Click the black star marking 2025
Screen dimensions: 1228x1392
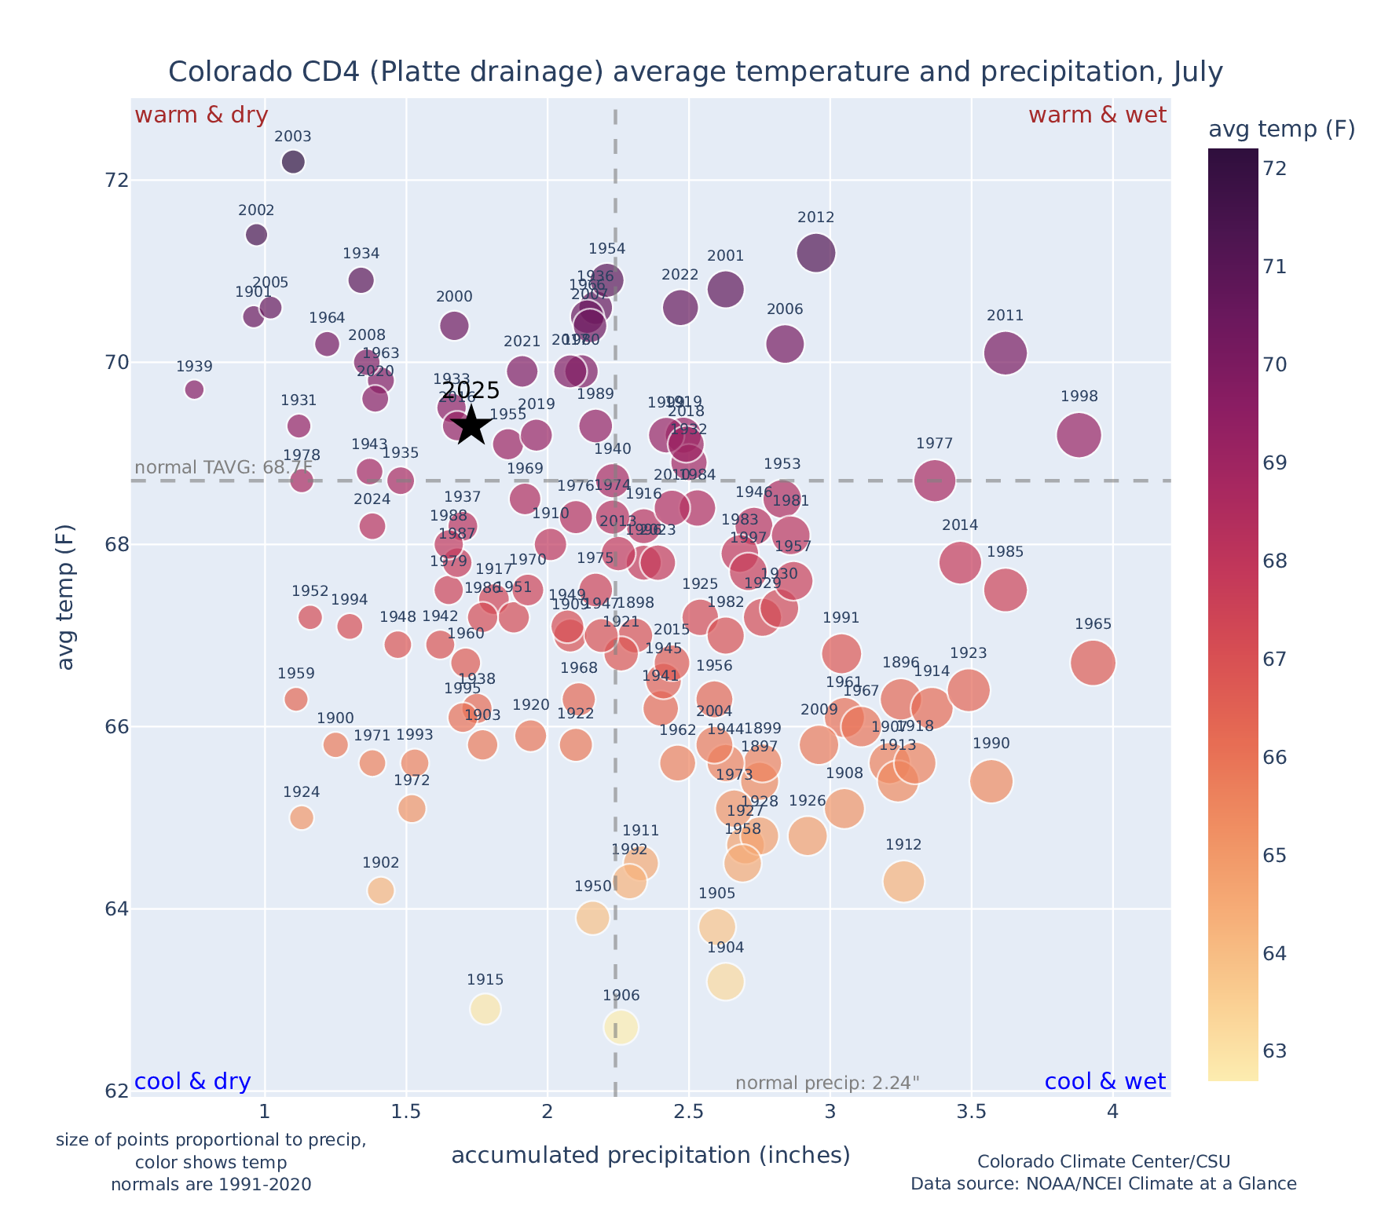click(x=471, y=426)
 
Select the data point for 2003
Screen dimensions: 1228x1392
click(x=293, y=162)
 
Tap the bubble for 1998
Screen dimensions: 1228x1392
click(x=1079, y=435)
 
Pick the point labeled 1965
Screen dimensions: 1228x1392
click(x=1093, y=663)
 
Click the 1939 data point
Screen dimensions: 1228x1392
click(x=194, y=389)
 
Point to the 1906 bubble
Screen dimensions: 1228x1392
click(x=621, y=1027)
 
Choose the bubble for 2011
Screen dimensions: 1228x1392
click(x=1005, y=353)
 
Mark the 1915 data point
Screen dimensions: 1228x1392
click(x=485, y=1009)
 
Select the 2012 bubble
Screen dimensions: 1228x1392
click(x=815, y=253)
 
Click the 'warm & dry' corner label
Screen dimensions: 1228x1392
click(x=201, y=115)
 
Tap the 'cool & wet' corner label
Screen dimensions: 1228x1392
click(x=1104, y=1082)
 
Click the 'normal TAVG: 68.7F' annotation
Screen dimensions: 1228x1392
click(x=224, y=468)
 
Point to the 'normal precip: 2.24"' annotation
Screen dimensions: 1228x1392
click(x=827, y=1084)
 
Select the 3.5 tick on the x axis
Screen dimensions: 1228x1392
click(x=972, y=1113)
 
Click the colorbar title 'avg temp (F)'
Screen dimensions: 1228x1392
click(x=1281, y=130)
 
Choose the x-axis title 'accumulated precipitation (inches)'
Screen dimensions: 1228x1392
click(x=650, y=1156)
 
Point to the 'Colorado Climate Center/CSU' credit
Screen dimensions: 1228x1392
click(x=1103, y=1162)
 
